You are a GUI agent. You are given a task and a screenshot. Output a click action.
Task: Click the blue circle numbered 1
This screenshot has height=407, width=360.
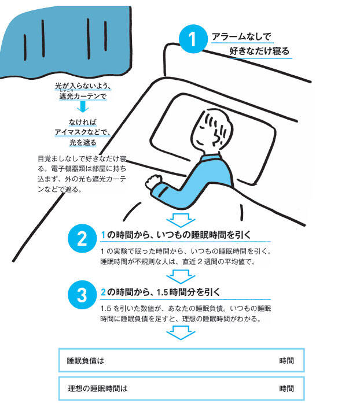[193, 39]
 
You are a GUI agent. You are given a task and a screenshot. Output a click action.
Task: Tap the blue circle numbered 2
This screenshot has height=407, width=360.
[82, 239]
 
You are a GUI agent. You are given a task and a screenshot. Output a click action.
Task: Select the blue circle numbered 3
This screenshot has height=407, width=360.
[82, 295]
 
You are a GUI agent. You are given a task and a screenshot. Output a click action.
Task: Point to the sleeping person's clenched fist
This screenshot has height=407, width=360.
[153, 181]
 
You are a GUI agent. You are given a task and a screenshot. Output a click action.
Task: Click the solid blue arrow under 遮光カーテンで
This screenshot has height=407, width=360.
[83, 106]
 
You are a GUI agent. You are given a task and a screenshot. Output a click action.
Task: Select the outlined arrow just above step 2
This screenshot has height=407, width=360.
[181, 220]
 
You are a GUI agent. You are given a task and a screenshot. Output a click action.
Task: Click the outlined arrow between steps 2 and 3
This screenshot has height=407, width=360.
[181, 276]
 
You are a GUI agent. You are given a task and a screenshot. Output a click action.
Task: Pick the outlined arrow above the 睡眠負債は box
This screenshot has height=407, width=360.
[181, 333]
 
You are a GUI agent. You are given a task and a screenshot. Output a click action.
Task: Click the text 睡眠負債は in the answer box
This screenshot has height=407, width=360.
[86, 361]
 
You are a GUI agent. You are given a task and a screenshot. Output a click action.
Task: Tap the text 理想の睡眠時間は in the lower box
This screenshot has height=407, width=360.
[97, 388]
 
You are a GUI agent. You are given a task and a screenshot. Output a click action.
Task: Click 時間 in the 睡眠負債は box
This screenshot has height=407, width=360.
[286, 361]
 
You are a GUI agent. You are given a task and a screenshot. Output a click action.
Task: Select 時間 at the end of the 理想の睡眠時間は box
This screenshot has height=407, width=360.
[286, 388]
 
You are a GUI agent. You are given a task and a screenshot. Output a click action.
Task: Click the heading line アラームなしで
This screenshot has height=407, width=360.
[241, 36]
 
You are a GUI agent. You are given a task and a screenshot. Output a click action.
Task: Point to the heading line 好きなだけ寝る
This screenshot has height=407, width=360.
[259, 51]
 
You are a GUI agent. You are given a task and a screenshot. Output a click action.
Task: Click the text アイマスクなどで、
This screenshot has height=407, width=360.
[83, 132]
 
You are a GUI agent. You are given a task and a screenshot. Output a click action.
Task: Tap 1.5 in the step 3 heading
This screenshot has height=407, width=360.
[163, 293]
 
